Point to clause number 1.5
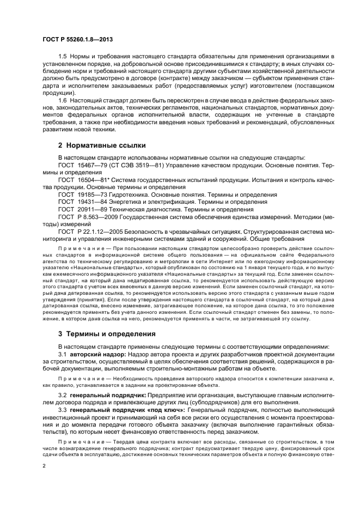63,57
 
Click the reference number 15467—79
91,165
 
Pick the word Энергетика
130,202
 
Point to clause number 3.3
63,408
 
